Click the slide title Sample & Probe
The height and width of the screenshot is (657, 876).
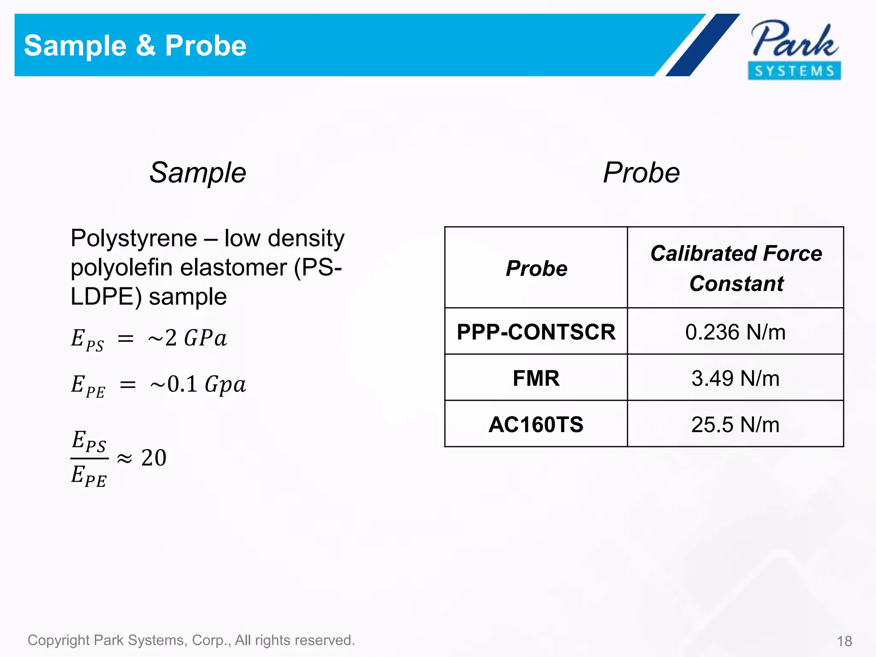point(135,45)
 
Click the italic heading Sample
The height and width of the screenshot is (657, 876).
point(198,173)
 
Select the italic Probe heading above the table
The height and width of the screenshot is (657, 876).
point(641,173)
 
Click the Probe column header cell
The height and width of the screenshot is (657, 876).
point(536,269)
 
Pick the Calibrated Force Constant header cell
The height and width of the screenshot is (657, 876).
point(736,268)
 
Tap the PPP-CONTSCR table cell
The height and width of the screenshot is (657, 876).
point(536,332)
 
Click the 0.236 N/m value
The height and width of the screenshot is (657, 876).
point(735,332)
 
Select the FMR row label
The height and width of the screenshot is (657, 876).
point(536,378)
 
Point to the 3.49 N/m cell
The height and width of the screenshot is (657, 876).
point(735,378)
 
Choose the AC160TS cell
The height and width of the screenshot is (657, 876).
point(536,424)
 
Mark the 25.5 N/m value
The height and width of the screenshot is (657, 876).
point(735,424)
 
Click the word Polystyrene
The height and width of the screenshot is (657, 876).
point(133,239)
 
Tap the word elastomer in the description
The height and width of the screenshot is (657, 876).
point(233,268)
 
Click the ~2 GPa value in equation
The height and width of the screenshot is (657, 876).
point(187,338)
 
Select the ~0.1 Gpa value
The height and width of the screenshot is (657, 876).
point(198,384)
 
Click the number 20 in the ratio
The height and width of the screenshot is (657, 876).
point(154,458)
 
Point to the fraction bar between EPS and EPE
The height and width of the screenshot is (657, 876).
point(89,459)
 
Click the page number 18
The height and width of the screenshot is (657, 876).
point(844,641)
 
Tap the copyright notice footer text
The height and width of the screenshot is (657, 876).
point(191,640)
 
